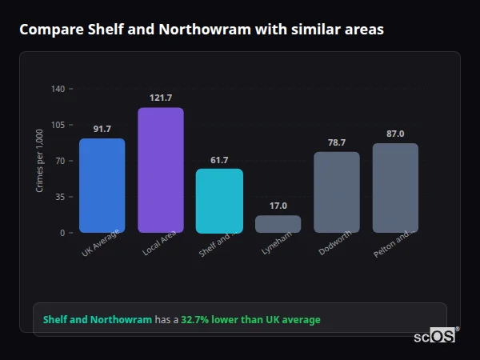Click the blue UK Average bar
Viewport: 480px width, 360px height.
pyautogui.click(x=102, y=186)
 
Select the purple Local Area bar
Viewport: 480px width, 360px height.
pyautogui.click(x=161, y=170)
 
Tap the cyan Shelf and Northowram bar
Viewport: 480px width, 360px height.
pyautogui.click(x=219, y=201)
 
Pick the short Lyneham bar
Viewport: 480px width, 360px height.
pyautogui.click(x=278, y=224)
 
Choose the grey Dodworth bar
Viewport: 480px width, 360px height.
pyautogui.click(x=337, y=192)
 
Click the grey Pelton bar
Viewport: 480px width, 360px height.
pyautogui.click(x=395, y=188)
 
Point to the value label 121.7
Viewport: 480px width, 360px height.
pyautogui.click(x=161, y=98)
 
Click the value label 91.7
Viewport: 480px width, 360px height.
pyautogui.click(x=102, y=129)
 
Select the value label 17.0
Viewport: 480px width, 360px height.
pyautogui.click(x=278, y=206)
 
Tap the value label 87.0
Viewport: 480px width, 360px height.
pyautogui.click(x=395, y=134)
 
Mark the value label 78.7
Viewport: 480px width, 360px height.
pyautogui.click(x=337, y=142)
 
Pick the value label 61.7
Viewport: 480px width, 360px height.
pyautogui.click(x=219, y=160)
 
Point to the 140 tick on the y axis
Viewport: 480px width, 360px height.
pyautogui.click(x=58, y=89)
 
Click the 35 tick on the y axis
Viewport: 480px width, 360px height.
pyautogui.click(x=59, y=197)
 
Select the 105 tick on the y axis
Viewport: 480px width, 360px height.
pyautogui.click(x=58, y=125)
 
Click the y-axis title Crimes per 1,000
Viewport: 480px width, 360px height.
pyautogui.click(x=40, y=161)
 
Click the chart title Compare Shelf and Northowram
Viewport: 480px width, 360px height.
pyautogui.click(x=202, y=30)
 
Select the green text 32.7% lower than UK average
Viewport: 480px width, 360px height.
pyautogui.click(x=250, y=320)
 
